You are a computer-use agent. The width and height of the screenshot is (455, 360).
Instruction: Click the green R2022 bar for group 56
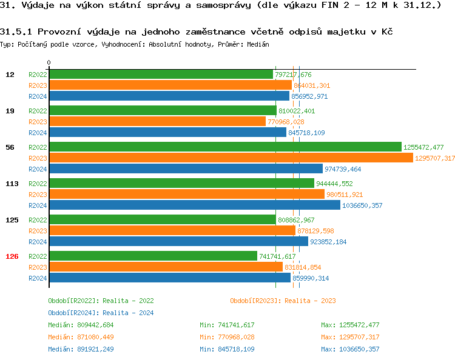[224, 147]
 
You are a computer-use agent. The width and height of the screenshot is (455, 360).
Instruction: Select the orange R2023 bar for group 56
[231, 158]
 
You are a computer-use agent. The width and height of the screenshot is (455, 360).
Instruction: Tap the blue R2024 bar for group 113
[194, 205]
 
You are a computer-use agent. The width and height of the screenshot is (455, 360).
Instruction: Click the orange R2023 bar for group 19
[157, 122]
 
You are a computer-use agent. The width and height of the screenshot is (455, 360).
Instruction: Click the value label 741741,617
[277, 256]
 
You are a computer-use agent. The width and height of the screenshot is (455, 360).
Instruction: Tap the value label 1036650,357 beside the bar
[364, 205]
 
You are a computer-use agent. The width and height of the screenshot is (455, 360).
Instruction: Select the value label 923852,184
[328, 242]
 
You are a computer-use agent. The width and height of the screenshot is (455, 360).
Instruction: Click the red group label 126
[12, 256]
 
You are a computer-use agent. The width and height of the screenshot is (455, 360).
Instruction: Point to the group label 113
[12, 184]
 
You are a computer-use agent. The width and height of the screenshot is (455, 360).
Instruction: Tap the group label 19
[10, 111]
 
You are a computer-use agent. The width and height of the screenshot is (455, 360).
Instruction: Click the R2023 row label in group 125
[38, 231]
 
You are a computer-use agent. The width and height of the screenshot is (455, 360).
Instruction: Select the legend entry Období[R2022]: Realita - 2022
[101, 301]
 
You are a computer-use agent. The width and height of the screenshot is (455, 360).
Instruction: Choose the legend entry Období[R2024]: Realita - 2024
[101, 313]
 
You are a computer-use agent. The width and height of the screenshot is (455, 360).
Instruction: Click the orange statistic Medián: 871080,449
[81, 337]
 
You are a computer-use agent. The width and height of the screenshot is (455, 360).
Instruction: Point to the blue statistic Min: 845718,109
[227, 349]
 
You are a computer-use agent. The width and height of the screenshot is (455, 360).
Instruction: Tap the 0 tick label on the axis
[49, 63]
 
